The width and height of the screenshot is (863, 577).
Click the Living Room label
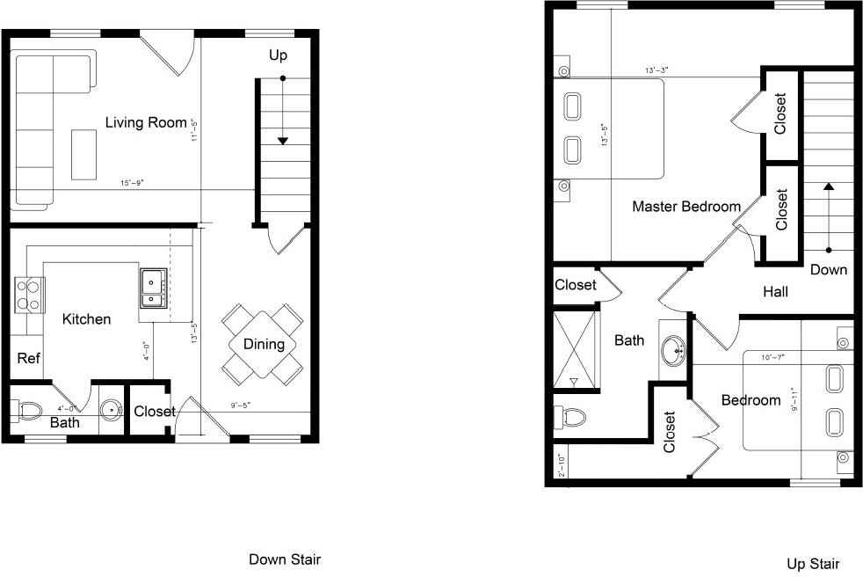[146, 122]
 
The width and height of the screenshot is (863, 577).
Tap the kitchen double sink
[153, 288]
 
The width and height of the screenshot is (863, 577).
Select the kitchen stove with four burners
[29, 294]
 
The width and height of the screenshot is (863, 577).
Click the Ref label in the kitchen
[29, 358]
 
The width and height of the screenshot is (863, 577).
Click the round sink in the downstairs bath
[111, 410]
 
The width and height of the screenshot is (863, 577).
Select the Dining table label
[264, 344]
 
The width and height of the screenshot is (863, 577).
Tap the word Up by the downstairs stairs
[278, 55]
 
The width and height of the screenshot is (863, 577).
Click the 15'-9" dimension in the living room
[132, 183]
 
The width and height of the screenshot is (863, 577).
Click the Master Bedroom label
[686, 207]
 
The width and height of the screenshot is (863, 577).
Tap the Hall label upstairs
[775, 291]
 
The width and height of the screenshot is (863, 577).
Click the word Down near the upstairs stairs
[828, 269]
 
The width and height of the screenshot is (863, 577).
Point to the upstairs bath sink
[677, 350]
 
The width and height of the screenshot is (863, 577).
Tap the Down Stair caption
[285, 559]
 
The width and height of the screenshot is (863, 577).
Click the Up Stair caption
[813, 564]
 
